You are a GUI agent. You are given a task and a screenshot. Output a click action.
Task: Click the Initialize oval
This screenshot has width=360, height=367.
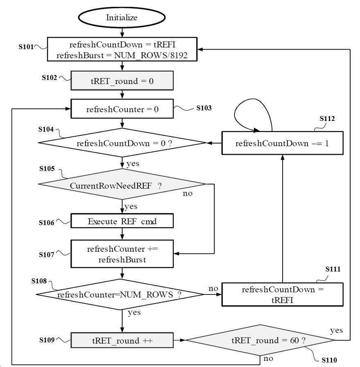click(122, 17)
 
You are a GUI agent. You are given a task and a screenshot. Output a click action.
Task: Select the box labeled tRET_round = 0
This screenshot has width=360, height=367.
click(122, 80)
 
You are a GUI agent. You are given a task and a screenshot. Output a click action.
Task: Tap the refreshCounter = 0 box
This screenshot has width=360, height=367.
click(122, 109)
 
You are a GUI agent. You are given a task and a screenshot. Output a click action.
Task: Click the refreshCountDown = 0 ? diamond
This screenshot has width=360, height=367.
click(122, 143)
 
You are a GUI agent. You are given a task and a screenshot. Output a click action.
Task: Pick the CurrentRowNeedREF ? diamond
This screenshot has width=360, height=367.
click(122, 184)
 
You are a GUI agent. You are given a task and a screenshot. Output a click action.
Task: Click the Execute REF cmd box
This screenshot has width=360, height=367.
click(122, 221)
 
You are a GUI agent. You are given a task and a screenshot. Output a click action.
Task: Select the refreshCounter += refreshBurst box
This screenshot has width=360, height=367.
click(122, 254)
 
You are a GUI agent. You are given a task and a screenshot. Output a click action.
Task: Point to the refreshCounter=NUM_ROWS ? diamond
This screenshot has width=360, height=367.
click(120, 294)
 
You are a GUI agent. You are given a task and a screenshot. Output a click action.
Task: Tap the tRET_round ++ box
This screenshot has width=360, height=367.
click(122, 340)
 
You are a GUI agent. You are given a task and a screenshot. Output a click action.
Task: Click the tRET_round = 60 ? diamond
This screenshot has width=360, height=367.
click(260, 340)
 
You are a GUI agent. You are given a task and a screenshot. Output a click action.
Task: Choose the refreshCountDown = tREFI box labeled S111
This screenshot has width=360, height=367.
click(283, 294)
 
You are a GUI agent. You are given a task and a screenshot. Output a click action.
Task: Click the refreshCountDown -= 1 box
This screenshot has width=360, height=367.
click(283, 143)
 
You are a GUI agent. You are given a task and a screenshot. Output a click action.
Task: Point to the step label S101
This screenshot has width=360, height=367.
click(26, 47)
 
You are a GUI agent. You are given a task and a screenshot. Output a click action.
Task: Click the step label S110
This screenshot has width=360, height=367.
click(329, 360)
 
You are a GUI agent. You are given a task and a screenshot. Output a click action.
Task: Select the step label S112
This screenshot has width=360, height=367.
click(327, 119)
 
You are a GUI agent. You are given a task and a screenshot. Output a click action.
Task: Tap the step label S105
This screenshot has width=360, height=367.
click(47, 169)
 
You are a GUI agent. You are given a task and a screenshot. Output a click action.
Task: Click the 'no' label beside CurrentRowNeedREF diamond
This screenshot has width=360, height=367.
click(188, 194)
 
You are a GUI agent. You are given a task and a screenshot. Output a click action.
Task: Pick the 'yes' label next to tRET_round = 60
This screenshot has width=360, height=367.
click(336, 331)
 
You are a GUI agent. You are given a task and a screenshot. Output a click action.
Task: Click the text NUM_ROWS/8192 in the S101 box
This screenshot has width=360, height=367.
click(151, 55)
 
